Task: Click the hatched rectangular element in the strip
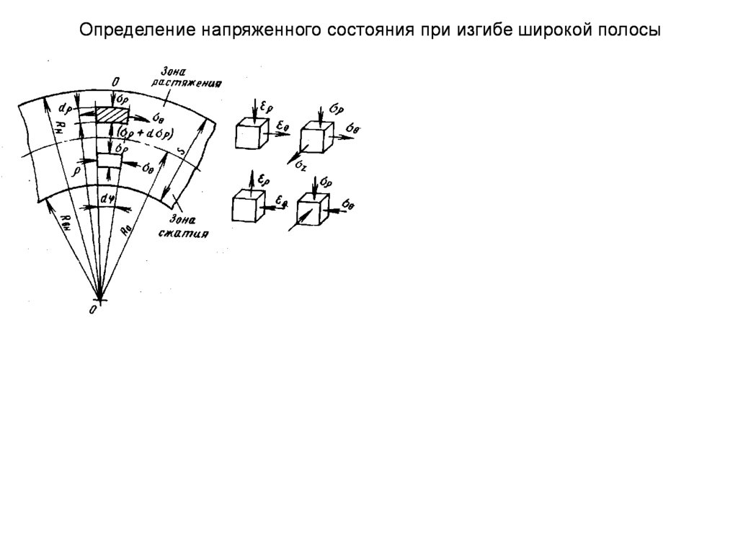[112, 115]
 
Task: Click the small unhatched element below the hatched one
[109, 160]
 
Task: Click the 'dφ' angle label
[108, 197]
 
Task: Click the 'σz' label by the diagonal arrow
[301, 166]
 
